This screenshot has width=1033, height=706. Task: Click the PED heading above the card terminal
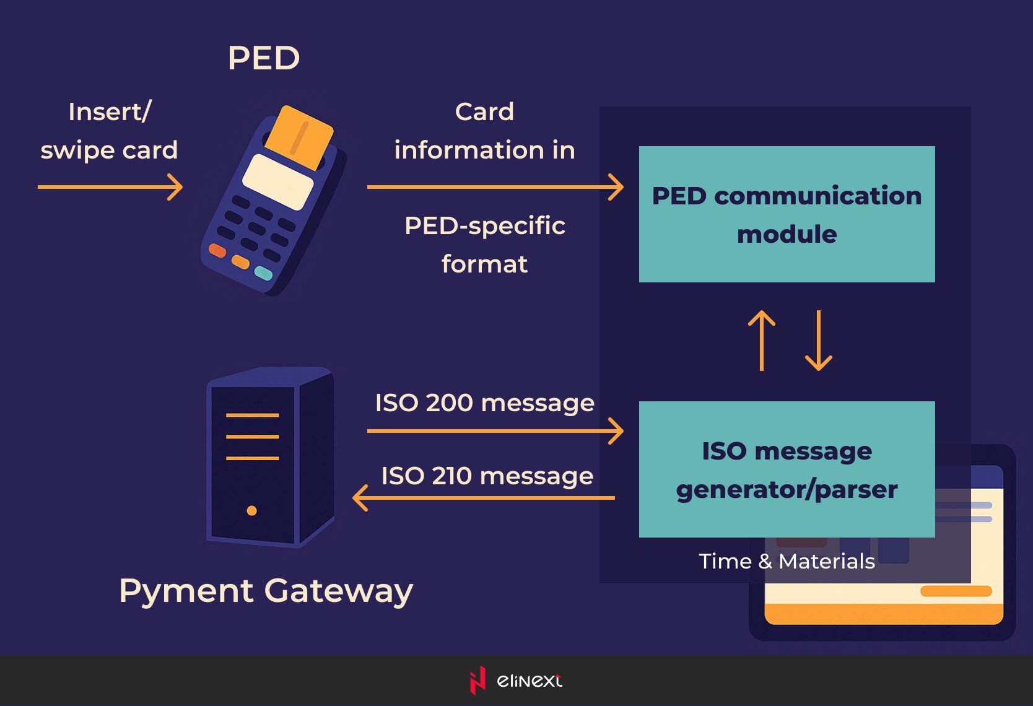[264, 58]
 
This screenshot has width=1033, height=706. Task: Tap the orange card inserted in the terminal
[299, 136]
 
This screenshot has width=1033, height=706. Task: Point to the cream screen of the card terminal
[277, 181]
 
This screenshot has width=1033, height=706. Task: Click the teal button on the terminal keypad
[264, 272]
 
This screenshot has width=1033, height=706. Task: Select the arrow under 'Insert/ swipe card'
[110, 186]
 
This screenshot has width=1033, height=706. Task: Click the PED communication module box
[787, 214]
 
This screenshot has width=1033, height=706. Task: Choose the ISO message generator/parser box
[787, 469]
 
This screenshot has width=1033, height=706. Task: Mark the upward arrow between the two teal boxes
[762, 341]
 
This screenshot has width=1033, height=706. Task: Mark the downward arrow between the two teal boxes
[819, 341]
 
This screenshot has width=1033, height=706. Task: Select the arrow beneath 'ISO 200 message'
[495, 430]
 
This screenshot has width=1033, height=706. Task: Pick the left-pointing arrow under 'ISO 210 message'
[484, 497]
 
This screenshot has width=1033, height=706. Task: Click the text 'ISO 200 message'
[485, 403]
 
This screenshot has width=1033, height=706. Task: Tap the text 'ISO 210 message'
[487, 476]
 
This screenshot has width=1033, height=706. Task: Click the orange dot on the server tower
[252, 511]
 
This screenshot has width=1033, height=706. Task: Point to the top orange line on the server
[252, 415]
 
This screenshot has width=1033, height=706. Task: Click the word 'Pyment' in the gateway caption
[186, 591]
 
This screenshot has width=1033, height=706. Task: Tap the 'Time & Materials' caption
[787, 561]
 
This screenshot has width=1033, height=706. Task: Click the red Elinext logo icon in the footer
[477, 680]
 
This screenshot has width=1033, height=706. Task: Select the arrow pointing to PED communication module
[495, 186]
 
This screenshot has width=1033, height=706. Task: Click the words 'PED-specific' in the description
[485, 226]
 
